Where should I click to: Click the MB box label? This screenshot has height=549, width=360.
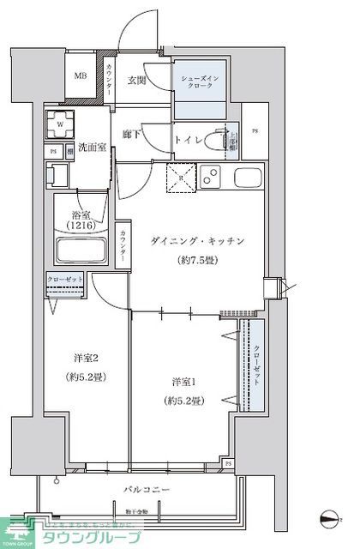[x=80, y=76]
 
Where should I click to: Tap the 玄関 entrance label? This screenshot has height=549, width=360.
[x=138, y=81]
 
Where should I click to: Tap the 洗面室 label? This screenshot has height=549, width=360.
[x=91, y=148]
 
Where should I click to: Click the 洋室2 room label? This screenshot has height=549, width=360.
[x=83, y=358]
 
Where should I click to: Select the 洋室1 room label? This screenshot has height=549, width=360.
[x=180, y=380]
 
